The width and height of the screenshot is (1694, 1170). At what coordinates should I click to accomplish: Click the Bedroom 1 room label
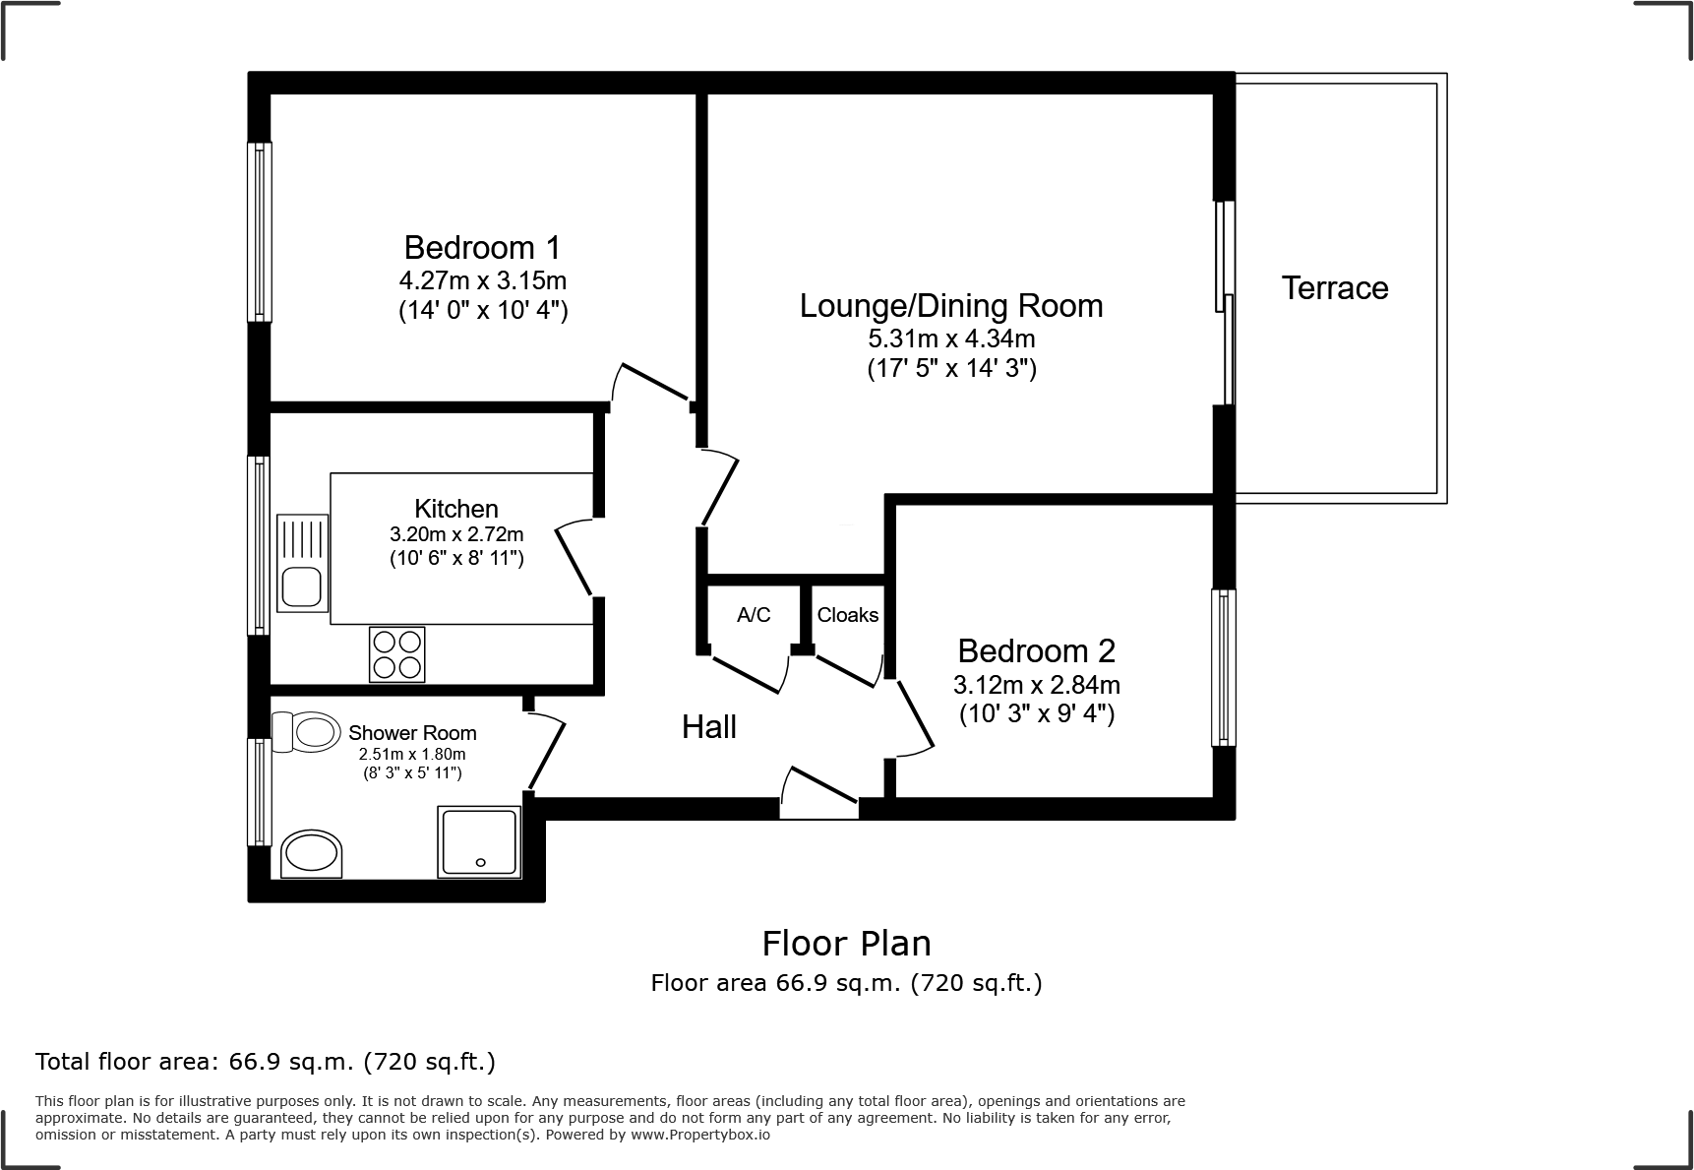point(482,246)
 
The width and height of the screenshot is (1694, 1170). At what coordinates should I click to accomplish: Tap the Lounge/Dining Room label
point(950,305)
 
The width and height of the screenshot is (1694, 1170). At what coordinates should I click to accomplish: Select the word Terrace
point(1334,288)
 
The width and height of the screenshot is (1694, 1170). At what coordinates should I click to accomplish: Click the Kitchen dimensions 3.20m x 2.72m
point(456,535)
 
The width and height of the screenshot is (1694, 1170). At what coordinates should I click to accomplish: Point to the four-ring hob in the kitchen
point(397,654)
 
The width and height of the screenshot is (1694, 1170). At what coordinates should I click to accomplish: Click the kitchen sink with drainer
point(302,563)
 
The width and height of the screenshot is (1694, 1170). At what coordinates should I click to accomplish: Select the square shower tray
point(479,841)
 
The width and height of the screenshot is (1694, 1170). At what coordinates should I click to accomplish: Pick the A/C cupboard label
point(754,615)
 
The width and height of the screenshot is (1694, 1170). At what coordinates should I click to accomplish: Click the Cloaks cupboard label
point(847,615)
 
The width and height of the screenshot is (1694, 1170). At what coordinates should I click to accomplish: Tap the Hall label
point(709,727)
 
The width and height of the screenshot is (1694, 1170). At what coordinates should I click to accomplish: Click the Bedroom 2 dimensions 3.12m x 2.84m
point(1036,684)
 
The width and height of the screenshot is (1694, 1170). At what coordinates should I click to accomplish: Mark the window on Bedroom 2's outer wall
point(1223,667)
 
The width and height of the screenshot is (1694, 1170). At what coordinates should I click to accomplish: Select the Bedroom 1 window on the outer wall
point(259,232)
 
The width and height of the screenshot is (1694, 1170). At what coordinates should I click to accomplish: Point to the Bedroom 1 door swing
point(649,383)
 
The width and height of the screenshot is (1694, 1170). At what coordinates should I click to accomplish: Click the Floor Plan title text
point(846,943)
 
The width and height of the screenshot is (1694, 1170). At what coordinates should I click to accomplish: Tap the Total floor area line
point(266,1062)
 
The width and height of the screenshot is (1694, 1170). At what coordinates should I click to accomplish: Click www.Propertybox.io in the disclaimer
point(699,1135)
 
